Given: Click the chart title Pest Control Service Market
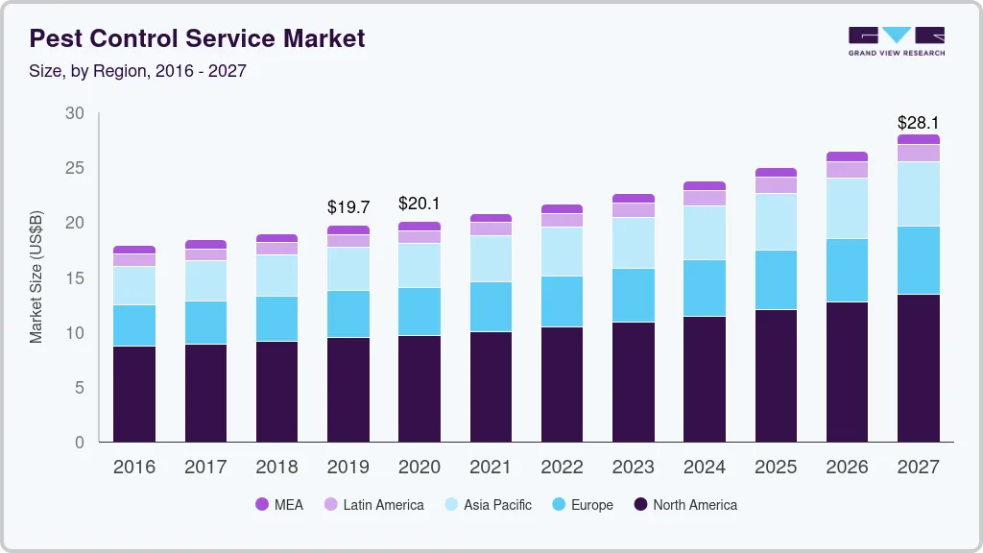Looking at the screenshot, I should coord(197,39).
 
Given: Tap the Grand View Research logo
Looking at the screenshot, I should coord(896,41).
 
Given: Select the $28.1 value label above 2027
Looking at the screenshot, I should coord(918,123).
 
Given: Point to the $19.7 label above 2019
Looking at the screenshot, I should coord(348,207).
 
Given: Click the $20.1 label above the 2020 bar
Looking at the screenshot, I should coord(420,204).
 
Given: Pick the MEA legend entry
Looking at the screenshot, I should coord(279,504).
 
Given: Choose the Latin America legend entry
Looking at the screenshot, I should coord(373,504).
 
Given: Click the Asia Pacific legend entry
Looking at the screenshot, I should coord(487,504).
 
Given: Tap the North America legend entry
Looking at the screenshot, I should coord(684,504).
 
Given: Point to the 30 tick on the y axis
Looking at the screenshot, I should coord(75,113).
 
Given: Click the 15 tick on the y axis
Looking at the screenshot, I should coord(75,278).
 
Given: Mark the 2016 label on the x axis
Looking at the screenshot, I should coord(134,468).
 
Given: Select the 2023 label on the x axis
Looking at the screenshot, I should coord(634,468).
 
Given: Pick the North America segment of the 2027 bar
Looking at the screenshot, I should coord(919,368).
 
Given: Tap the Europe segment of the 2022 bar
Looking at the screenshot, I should coord(562,301).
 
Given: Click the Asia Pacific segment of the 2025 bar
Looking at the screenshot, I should coord(776,222).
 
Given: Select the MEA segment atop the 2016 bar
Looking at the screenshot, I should coord(134,250).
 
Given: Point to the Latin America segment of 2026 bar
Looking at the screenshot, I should coord(847,170).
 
